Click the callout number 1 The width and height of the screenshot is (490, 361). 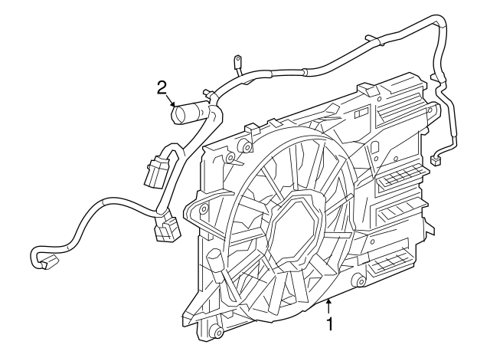coord(330,323)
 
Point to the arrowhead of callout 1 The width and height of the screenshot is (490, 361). coord(328,300)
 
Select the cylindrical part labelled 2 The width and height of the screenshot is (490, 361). coord(187,116)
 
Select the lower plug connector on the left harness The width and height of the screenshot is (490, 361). coord(165,228)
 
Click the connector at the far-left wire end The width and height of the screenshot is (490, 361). coord(44,261)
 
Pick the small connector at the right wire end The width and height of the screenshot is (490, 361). coord(436,160)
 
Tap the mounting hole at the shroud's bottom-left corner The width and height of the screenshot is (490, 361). coord(217,332)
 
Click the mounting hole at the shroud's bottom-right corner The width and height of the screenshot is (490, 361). coord(357,284)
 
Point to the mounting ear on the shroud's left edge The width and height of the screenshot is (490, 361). coord(203,208)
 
